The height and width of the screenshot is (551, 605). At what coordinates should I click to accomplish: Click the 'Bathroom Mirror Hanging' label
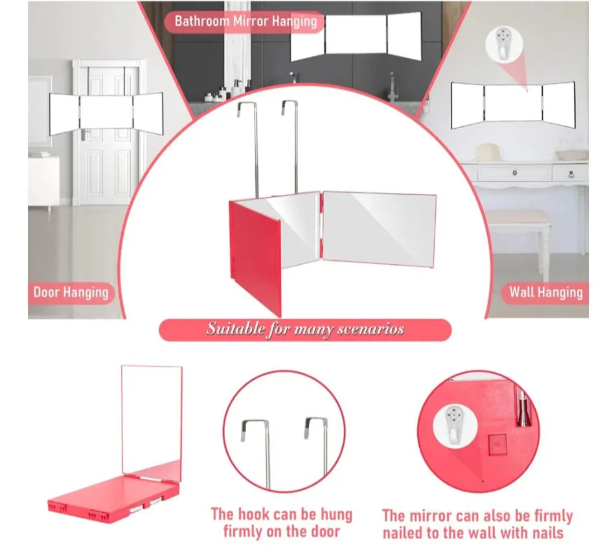coord(245,21)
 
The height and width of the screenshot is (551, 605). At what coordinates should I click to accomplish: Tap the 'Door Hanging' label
coord(71,292)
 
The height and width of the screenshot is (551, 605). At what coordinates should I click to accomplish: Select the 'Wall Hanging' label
coord(545,292)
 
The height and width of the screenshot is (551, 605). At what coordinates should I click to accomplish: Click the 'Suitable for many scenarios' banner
coord(304,330)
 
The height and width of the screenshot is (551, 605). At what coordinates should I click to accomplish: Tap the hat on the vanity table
coord(492,152)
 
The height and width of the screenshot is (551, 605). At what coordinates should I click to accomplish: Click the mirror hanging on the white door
coord(106,112)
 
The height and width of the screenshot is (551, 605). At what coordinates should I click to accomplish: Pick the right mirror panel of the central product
coord(378,228)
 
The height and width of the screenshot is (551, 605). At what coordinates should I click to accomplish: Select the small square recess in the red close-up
coord(497,445)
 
